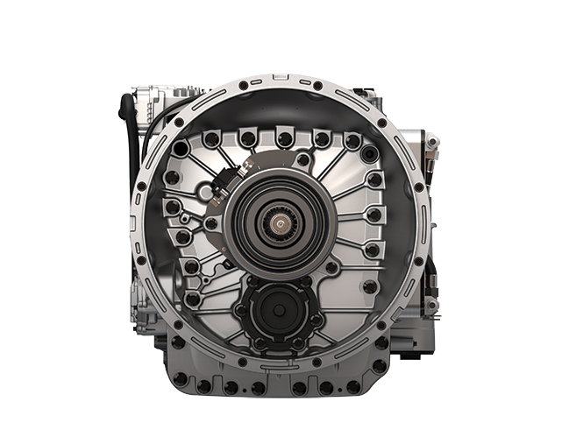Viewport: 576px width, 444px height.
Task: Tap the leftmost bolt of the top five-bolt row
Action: pyautogui.click(x=208, y=140)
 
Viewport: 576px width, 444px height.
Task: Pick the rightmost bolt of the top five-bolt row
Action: pyautogui.click(x=353, y=140)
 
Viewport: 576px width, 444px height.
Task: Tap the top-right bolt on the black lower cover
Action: pyautogui.click(x=310, y=282)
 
